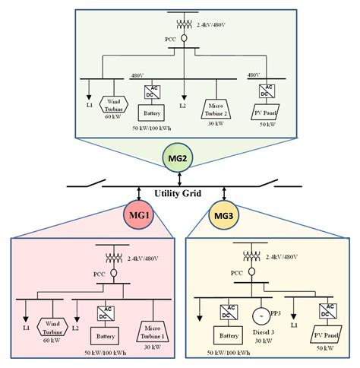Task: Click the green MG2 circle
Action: pos(179,160)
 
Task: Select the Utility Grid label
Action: pos(178,194)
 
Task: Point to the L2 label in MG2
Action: pos(183,104)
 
